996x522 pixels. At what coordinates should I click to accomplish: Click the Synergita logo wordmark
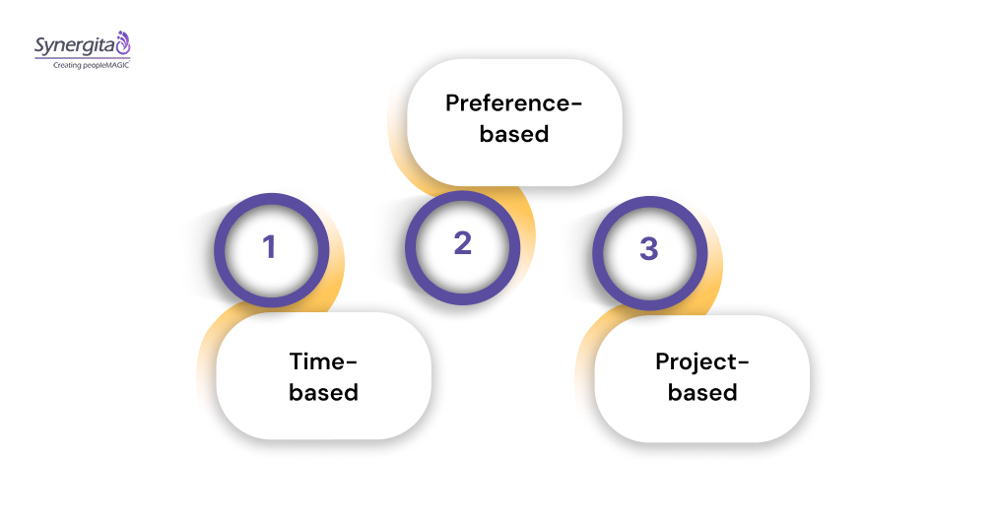[75, 44]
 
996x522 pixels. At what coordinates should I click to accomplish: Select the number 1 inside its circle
[269, 247]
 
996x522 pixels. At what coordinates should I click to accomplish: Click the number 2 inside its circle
[463, 243]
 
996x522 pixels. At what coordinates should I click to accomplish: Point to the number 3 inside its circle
[648, 248]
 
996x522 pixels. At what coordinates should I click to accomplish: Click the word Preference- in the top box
[513, 103]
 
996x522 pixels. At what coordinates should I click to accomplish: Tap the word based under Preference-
[513, 133]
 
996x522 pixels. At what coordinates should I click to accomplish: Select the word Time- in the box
[323, 361]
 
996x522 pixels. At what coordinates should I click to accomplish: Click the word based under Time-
[323, 392]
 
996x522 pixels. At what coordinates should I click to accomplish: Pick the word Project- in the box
[702, 361]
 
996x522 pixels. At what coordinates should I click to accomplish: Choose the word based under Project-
[702, 392]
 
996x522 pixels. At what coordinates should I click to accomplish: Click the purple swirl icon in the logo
[123, 42]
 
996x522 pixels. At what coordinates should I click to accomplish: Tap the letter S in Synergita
[40, 45]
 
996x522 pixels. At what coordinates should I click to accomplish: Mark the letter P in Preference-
[453, 103]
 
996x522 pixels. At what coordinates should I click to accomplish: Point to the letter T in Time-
[296, 361]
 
